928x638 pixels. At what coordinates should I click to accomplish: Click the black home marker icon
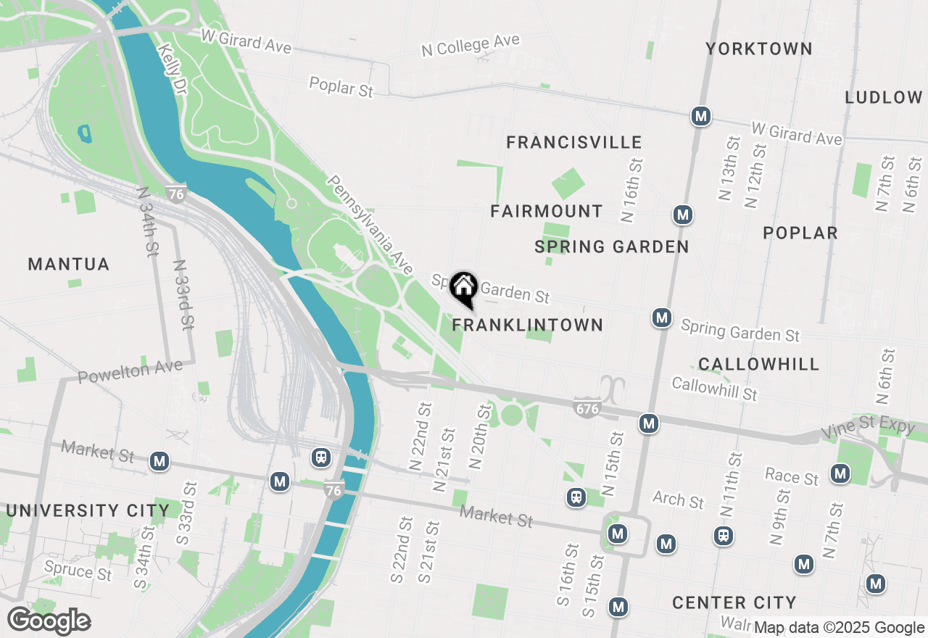point(463,289)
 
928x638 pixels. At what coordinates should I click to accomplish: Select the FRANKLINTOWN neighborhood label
point(528,325)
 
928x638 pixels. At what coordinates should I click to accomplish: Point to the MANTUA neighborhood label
point(69,265)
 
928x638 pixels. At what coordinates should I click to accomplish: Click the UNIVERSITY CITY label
point(88,510)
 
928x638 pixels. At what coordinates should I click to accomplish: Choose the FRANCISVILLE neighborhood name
point(574,142)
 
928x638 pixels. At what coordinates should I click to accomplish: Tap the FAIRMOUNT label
point(547,211)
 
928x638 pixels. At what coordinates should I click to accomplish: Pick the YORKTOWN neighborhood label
point(759,49)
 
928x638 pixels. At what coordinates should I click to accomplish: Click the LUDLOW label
point(884,97)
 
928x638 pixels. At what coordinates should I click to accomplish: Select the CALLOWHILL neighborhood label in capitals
point(759,364)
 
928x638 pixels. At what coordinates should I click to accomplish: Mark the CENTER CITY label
point(734,602)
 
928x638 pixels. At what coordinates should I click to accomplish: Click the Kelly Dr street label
point(171,67)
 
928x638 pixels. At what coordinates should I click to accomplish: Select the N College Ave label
point(471,45)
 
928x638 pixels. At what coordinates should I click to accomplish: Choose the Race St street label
point(792,476)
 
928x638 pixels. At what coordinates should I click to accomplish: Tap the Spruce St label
point(78,571)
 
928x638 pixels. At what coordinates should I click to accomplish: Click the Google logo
point(49,621)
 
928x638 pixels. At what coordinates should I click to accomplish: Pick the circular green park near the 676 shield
point(512,415)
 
